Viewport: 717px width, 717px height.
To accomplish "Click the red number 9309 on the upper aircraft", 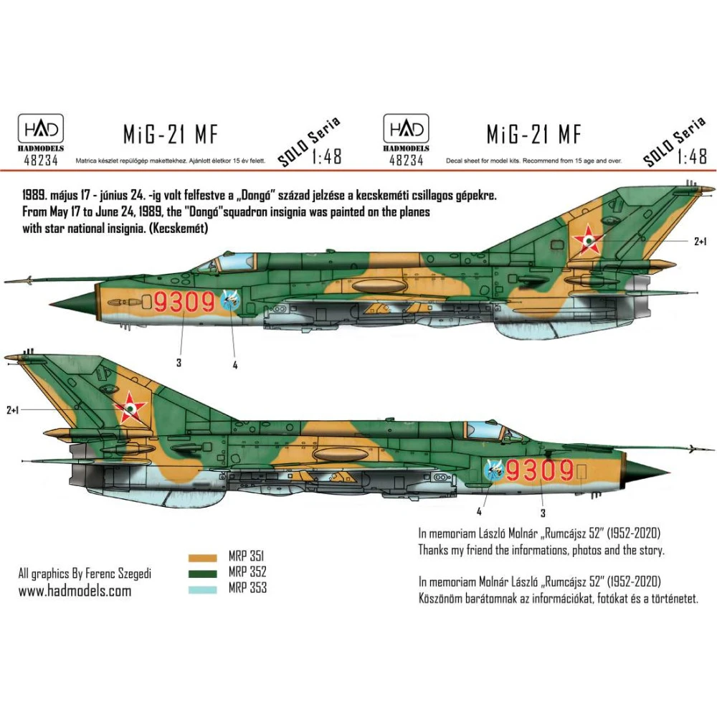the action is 184,302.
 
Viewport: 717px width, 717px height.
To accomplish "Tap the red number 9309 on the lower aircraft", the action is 540,470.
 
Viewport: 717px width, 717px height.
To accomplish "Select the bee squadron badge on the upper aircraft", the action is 230,300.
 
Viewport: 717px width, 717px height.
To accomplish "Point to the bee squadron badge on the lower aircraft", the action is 493,469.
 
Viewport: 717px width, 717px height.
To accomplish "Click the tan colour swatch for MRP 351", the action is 203,558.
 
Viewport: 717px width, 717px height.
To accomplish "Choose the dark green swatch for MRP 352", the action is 203,574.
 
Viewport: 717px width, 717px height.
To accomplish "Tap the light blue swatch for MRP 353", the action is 203,590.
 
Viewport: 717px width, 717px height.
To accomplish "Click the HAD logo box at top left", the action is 41,129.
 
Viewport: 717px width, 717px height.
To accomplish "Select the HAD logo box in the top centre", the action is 406,129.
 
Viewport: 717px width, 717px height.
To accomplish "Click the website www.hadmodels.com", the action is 75,591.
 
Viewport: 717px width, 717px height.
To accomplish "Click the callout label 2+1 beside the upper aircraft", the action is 700,242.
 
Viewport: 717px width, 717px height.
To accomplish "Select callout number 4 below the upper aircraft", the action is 235,366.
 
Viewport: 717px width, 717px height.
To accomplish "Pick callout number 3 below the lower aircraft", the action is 543,513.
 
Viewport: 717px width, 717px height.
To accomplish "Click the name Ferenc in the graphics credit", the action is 100,574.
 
